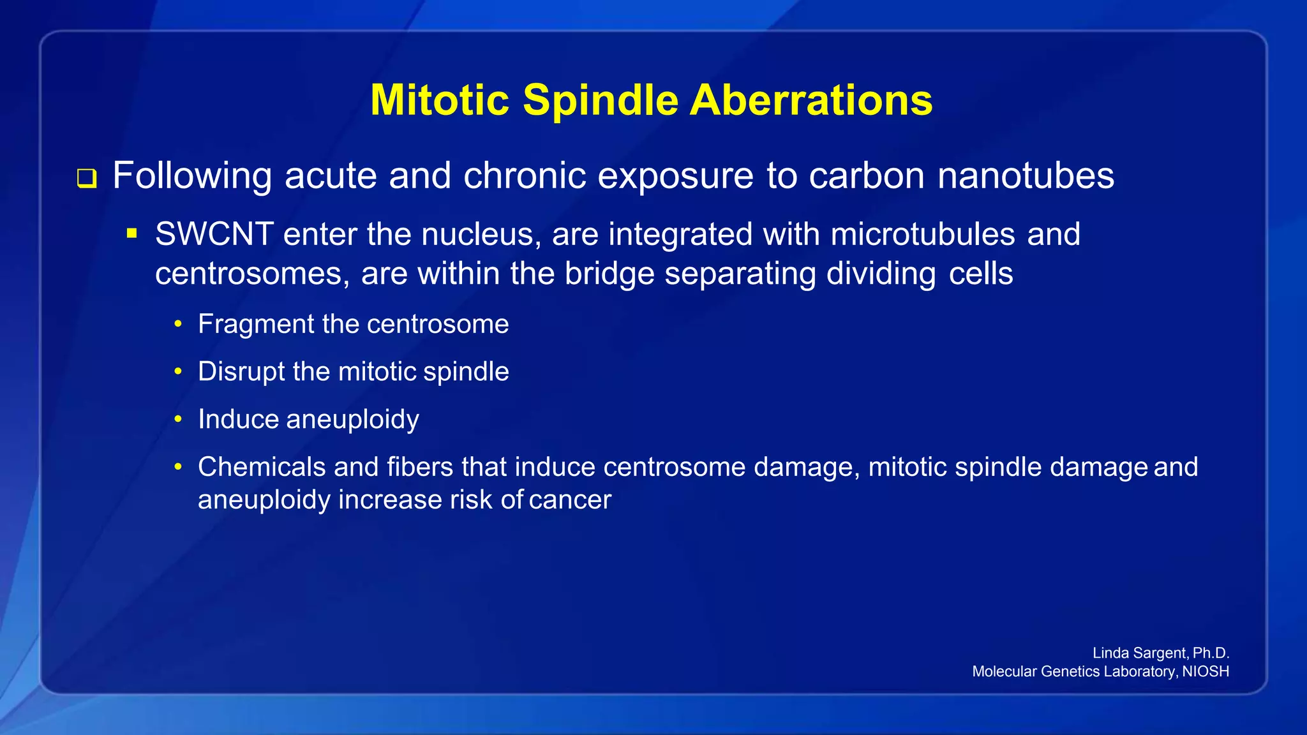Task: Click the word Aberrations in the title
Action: pyautogui.click(x=811, y=100)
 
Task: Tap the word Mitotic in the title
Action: pyautogui.click(x=440, y=100)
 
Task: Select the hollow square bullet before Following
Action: pyautogui.click(x=87, y=178)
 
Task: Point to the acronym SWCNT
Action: pyautogui.click(x=214, y=234)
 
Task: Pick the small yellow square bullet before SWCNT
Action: pyautogui.click(x=132, y=234)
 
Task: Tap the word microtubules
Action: pyautogui.click(x=923, y=234)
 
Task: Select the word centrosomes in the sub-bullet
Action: pyautogui.click(x=253, y=274)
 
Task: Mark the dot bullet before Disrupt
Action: pyautogui.click(x=179, y=371)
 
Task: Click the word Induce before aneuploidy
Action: pyautogui.click(x=238, y=419)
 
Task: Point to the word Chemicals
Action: pyautogui.click(x=262, y=467)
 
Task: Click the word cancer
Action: pyautogui.click(x=570, y=500)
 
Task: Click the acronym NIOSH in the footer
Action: pyautogui.click(x=1206, y=671)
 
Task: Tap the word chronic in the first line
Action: pyautogui.click(x=525, y=175)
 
